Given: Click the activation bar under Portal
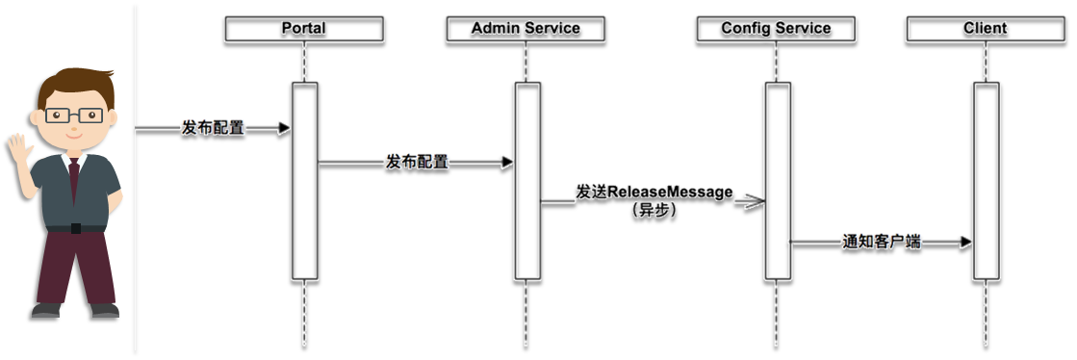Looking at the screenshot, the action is coord(305,181).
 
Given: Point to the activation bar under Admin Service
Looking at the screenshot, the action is coord(527,181).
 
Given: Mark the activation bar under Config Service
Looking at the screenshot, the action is coord(779,181).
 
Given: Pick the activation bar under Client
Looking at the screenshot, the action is coord(987,181).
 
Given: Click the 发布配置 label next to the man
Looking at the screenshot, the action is coord(213,128).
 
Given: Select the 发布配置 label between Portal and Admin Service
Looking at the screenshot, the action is coord(417,162).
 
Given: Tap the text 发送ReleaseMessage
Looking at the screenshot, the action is coord(654,193).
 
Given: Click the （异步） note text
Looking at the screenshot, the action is coord(654,212).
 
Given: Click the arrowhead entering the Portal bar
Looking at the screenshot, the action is coord(284,128).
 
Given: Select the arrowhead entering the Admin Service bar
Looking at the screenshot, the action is coord(507,162).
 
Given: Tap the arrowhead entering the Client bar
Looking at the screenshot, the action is coord(965,242).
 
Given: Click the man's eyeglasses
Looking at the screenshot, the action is coord(74,116).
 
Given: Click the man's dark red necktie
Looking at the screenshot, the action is coord(74,180).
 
